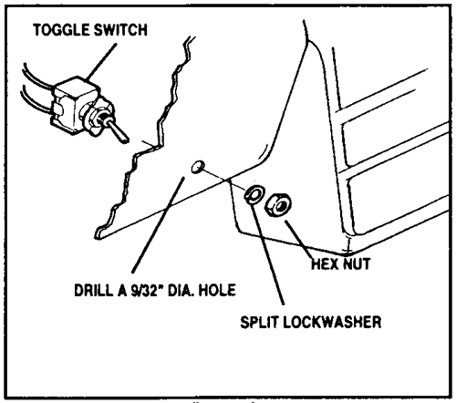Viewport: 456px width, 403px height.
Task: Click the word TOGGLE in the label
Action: pyautogui.click(x=61, y=30)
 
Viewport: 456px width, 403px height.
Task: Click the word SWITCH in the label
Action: pyautogui.click(x=120, y=30)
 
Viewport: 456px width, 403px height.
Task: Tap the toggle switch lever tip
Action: pyautogui.click(x=125, y=140)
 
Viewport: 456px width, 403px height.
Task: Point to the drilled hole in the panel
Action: pyautogui.click(x=198, y=167)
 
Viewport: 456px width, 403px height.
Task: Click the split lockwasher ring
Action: pyautogui.click(x=253, y=194)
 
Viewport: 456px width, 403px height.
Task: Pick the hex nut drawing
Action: pyautogui.click(x=277, y=206)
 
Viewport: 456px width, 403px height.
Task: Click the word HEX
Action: pyautogui.click(x=324, y=263)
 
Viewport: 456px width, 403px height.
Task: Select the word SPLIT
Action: pyautogui.click(x=259, y=322)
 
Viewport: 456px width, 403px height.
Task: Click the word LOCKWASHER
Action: pyautogui.click(x=332, y=322)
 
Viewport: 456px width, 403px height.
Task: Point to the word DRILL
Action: pyautogui.click(x=93, y=290)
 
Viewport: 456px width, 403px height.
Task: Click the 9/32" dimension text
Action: pyautogui.click(x=147, y=290)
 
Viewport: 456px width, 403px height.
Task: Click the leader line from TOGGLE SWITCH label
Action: pyautogui.click(x=101, y=62)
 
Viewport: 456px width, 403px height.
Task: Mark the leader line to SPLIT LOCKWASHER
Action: pyautogui.click(x=267, y=253)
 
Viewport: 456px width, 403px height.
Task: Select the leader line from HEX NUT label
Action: pyautogui.click(x=299, y=240)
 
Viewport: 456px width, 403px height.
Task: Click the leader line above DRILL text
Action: pyautogui.click(x=158, y=224)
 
